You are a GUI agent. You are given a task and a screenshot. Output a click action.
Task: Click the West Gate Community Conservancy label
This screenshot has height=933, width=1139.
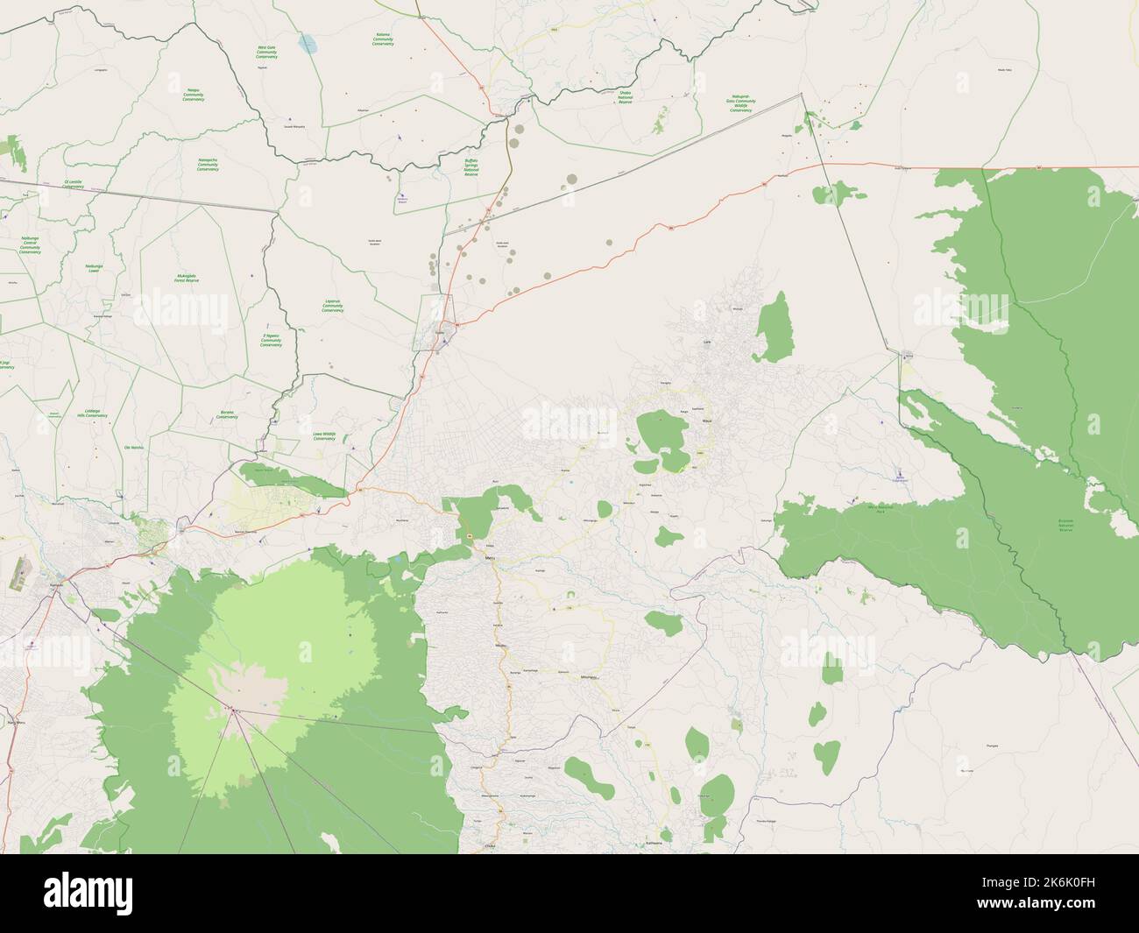[266, 53]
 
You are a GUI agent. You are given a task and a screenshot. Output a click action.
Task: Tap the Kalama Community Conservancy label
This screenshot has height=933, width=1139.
[383, 39]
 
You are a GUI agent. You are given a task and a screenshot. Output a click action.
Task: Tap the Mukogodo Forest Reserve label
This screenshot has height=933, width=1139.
[186, 278]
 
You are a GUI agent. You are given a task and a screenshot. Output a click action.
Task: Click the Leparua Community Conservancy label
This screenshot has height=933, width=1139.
[332, 306]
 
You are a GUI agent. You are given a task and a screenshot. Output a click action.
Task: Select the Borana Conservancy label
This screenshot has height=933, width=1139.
[227, 417]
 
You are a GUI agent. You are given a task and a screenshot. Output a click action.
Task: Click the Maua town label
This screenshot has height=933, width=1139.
[707, 421]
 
